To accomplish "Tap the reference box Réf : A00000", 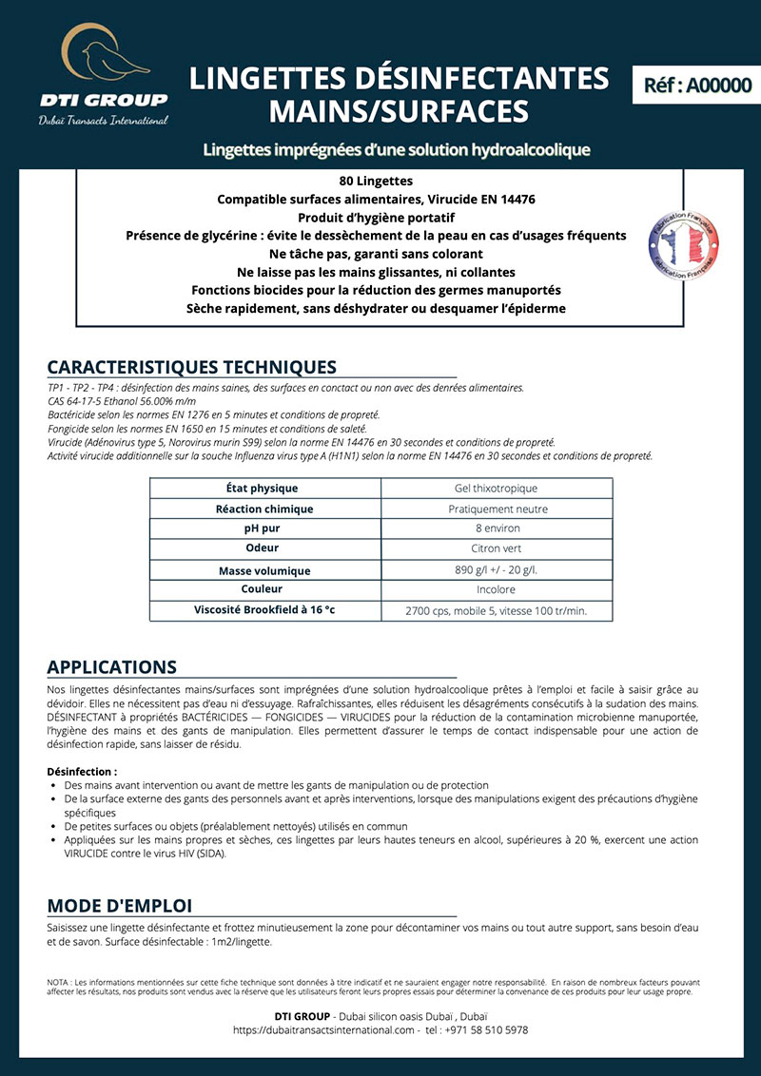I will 697,85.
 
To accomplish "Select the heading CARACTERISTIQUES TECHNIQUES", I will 191,367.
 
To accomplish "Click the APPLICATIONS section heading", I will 111,666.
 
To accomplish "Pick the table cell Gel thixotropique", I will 496,489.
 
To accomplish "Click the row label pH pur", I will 264,528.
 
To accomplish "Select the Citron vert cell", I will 496,548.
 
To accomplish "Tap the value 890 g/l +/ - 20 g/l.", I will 496,570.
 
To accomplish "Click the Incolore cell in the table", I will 496,589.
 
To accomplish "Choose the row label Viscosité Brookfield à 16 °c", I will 264,610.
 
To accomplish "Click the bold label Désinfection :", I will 82,771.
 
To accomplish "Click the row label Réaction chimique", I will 264,509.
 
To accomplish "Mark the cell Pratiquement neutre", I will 496,509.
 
